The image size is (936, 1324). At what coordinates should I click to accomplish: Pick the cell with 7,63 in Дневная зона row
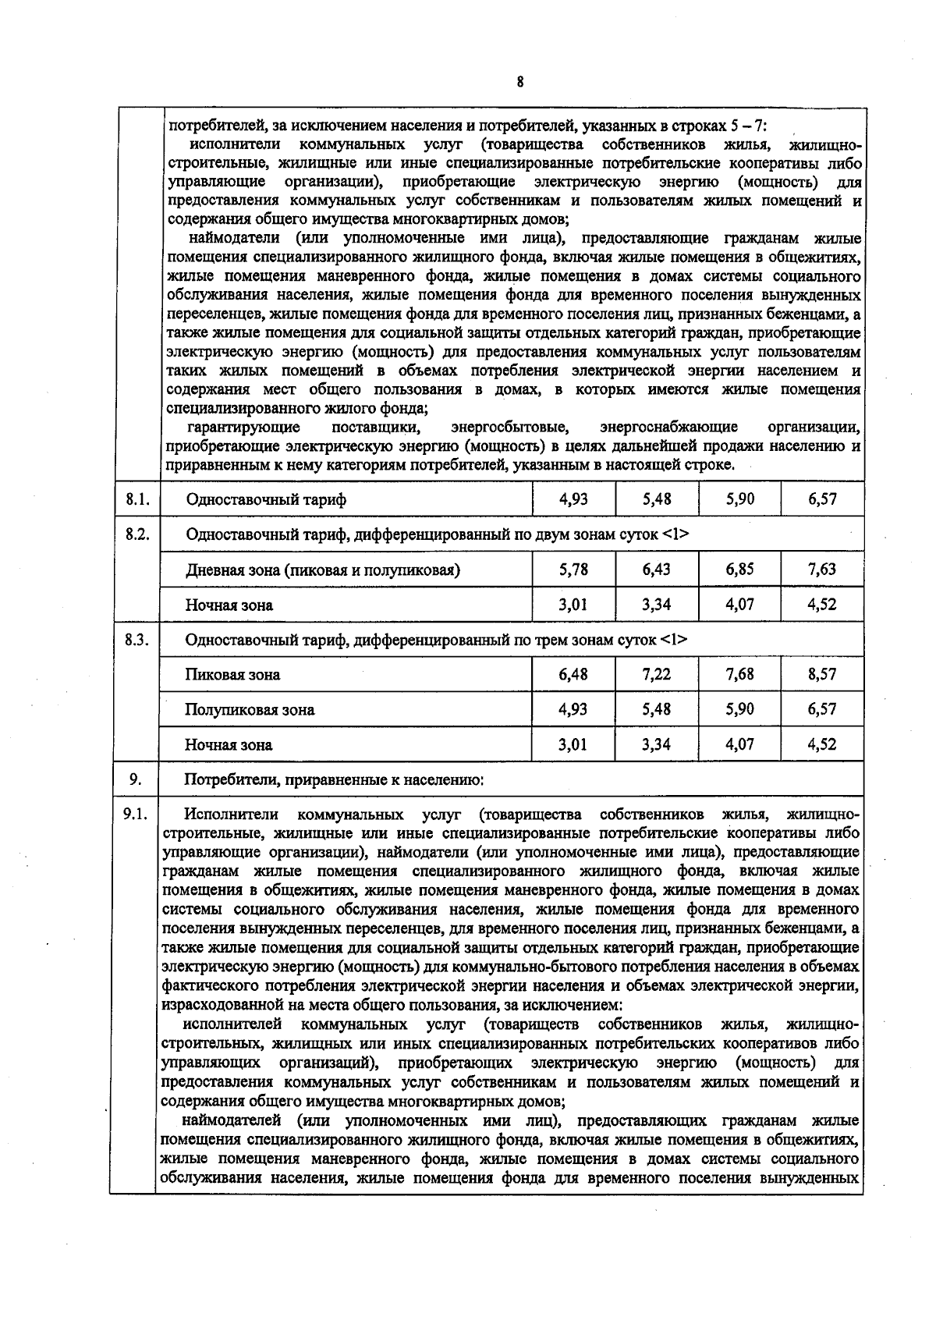click(x=822, y=569)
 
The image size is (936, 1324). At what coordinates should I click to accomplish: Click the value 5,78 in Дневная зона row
click(x=573, y=569)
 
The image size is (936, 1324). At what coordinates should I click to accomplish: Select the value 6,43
click(x=656, y=569)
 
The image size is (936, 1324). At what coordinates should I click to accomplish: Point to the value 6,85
click(x=739, y=569)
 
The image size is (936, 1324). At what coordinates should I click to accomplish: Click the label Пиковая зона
click(x=232, y=675)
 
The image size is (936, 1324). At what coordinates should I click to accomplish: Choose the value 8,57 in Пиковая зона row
click(x=822, y=674)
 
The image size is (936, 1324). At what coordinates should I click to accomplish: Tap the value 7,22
click(x=656, y=674)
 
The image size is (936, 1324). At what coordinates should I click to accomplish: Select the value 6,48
click(x=573, y=674)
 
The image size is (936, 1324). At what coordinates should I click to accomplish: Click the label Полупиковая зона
click(x=250, y=710)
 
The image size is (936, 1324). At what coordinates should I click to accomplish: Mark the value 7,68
click(x=739, y=674)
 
